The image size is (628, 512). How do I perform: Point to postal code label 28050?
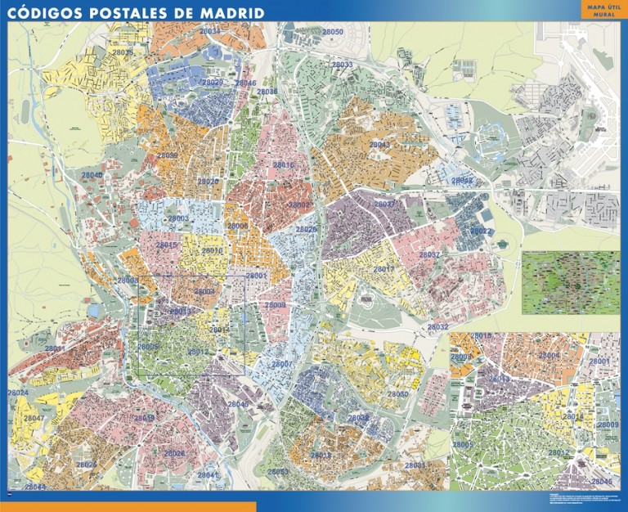pyautogui.click(x=332, y=32)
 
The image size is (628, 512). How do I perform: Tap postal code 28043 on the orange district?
pyautogui.click(x=380, y=144)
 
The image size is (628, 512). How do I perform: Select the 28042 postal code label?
pyautogui.click(x=463, y=181)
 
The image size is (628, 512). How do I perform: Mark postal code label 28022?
pyautogui.click(x=481, y=231)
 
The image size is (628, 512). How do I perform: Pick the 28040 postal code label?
pyautogui.click(x=92, y=176)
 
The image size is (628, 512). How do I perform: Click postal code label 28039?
pyautogui.click(x=167, y=155)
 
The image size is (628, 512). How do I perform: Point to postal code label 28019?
pyautogui.click(x=144, y=418)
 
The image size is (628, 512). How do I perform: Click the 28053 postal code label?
pyautogui.click(x=278, y=472)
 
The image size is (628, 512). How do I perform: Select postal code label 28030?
pyautogui.click(x=398, y=394)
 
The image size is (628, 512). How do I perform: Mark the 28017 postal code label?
pyautogui.click(x=384, y=269)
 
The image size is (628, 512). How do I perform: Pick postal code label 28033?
pyautogui.click(x=342, y=64)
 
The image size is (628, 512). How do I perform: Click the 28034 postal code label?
pyautogui.click(x=210, y=31)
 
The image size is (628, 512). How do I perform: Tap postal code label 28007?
pyautogui.click(x=281, y=364)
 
